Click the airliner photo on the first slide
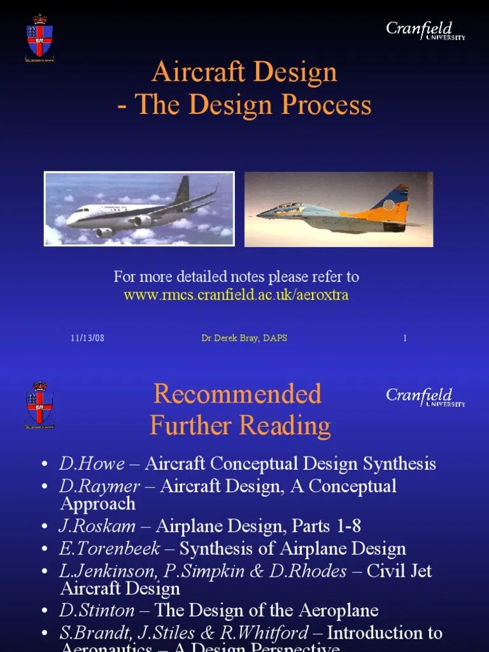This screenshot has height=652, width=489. tap(139, 209)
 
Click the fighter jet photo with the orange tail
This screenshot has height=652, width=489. tap(339, 209)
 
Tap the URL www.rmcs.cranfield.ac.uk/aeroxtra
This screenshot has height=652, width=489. tap(236, 295)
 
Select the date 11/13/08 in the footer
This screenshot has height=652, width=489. tap(87, 338)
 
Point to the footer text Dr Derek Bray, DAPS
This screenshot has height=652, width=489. tap(244, 338)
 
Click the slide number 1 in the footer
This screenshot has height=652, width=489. tap(404, 338)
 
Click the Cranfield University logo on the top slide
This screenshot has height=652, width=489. tap(425, 31)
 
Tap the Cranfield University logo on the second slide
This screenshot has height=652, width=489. tap(425, 397)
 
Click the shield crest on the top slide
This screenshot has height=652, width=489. tap(39, 39)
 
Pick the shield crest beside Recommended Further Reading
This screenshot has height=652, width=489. tap(39, 405)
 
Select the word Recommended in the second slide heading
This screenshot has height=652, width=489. tap(237, 394)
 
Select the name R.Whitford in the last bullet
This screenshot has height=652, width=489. tap(274, 633)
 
